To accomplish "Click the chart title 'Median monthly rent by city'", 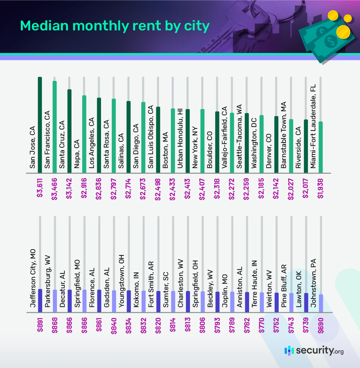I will coord(114,26).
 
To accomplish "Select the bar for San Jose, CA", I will coord(40,124).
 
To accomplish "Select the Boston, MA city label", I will coord(165,150).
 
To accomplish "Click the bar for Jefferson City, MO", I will coord(40,301).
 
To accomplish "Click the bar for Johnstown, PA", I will coord(321,303).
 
